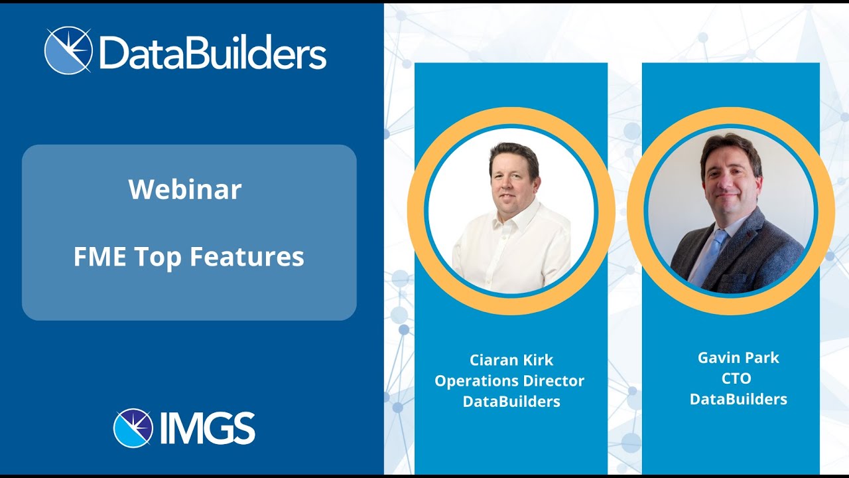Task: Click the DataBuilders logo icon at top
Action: click(68, 50)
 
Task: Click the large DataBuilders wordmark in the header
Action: click(212, 52)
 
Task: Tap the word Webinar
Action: click(185, 190)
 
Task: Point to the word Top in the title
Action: click(159, 257)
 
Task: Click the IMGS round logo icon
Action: click(133, 428)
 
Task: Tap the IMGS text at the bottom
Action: click(208, 428)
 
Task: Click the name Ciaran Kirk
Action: click(511, 360)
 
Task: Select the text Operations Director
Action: click(509, 381)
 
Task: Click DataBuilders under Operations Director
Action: click(511, 402)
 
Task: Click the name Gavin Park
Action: click(738, 358)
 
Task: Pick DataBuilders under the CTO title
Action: click(738, 400)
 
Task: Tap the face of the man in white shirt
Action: click(513, 177)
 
